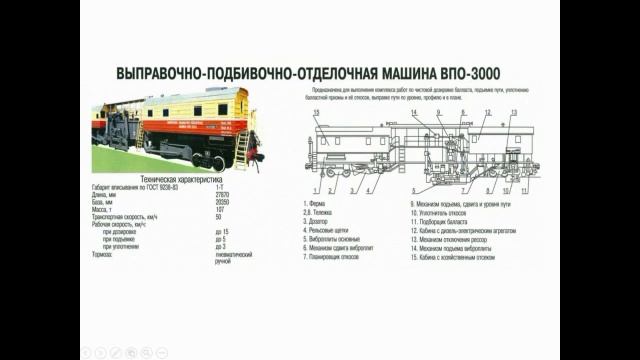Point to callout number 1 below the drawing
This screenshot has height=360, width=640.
(318, 189)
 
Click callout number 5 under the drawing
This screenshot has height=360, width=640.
(380, 189)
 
